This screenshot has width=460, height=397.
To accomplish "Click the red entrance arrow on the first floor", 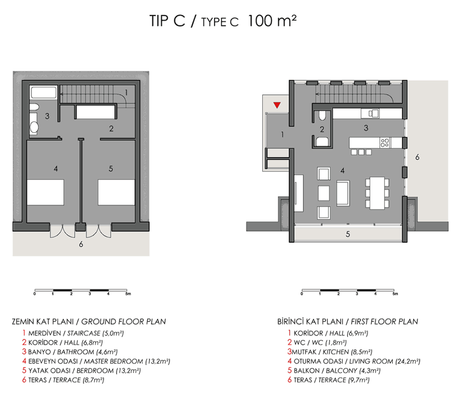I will coord(277,105).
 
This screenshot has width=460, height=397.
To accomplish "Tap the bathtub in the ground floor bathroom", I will coord(44,92).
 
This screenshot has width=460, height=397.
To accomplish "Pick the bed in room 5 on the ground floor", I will coord(117,192).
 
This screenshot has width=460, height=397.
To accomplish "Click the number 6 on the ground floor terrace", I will coord(81,245).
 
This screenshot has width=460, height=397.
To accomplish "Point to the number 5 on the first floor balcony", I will coord(348,234).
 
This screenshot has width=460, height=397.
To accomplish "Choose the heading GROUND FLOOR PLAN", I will coord(124,322).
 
